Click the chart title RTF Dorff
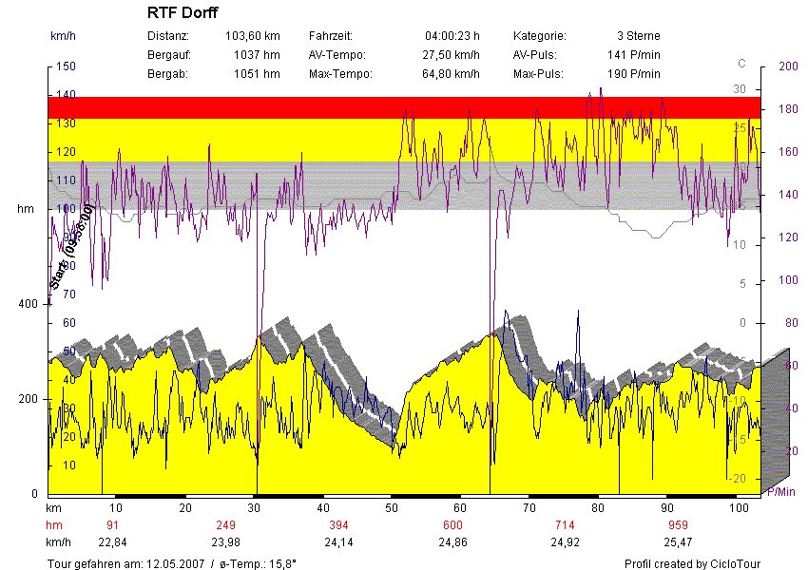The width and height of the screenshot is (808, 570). [x=183, y=13]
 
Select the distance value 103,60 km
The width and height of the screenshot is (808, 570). [x=252, y=36]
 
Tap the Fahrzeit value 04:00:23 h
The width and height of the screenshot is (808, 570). [x=452, y=36]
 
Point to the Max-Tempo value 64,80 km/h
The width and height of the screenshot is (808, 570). [x=451, y=74]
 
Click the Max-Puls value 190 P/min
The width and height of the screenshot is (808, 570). [x=633, y=74]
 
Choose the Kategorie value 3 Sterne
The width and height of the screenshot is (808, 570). [x=638, y=36]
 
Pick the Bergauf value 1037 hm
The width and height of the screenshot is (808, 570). [x=257, y=55]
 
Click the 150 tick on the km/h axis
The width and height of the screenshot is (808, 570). [x=66, y=66]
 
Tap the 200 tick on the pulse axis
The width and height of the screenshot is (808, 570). [x=788, y=66]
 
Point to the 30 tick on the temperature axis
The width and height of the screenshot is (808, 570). [x=740, y=89]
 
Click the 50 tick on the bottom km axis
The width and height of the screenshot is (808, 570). [x=393, y=508]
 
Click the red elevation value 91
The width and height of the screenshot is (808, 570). [x=112, y=525]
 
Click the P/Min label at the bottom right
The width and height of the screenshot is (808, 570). [x=779, y=491]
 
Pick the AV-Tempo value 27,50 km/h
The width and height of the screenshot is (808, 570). [x=451, y=55]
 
